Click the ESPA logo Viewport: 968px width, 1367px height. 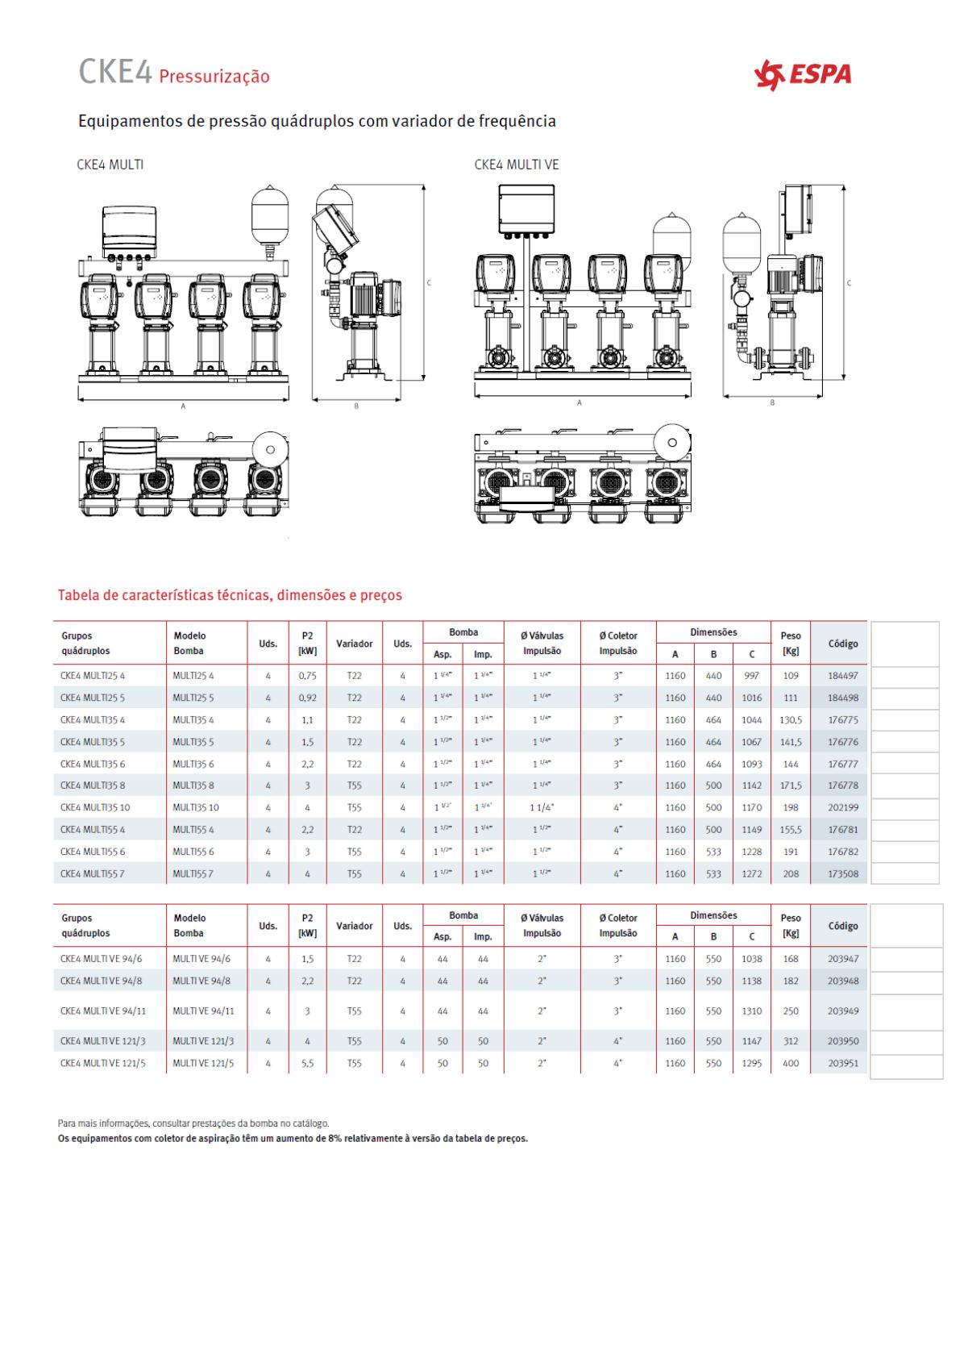pyautogui.click(x=802, y=75)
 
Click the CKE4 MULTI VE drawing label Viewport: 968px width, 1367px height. pyautogui.click(x=516, y=165)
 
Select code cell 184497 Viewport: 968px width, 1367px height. pyautogui.click(x=842, y=676)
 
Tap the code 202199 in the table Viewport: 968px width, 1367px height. pyautogui.click(x=842, y=807)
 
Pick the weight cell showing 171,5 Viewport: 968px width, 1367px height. pyautogui.click(x=791, y=786)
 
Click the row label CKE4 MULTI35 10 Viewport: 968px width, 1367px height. pyautogui.click(x=94, y=807)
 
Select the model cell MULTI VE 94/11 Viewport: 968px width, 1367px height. pyautogui.click(x=203, y=1011)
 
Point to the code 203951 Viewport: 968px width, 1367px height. pyautogui.click(x=842, y=1063)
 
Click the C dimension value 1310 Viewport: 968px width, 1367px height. pyautogui.click(x=751, y=1011)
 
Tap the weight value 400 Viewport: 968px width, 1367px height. pyautogui.click(x=791, y=1063)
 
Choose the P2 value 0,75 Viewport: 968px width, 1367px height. pyautogui.click(x=307, y=676)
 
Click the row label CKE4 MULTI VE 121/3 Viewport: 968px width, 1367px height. pyautogui.click(x=102, y=1041)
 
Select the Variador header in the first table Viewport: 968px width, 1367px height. pyautogui.click(x=354, y=644)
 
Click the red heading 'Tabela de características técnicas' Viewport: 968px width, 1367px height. pyautogui.click(x=229, y=596)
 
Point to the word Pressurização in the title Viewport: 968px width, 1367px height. pyautogui.click(x=214, y=77)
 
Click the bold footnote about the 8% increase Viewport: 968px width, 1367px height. pyautogui.click(x=293, y=1139)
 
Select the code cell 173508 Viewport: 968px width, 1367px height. pyautogui.click(x=842, y=873)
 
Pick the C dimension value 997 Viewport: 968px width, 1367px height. pyautogui.click(x=751, y=676)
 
